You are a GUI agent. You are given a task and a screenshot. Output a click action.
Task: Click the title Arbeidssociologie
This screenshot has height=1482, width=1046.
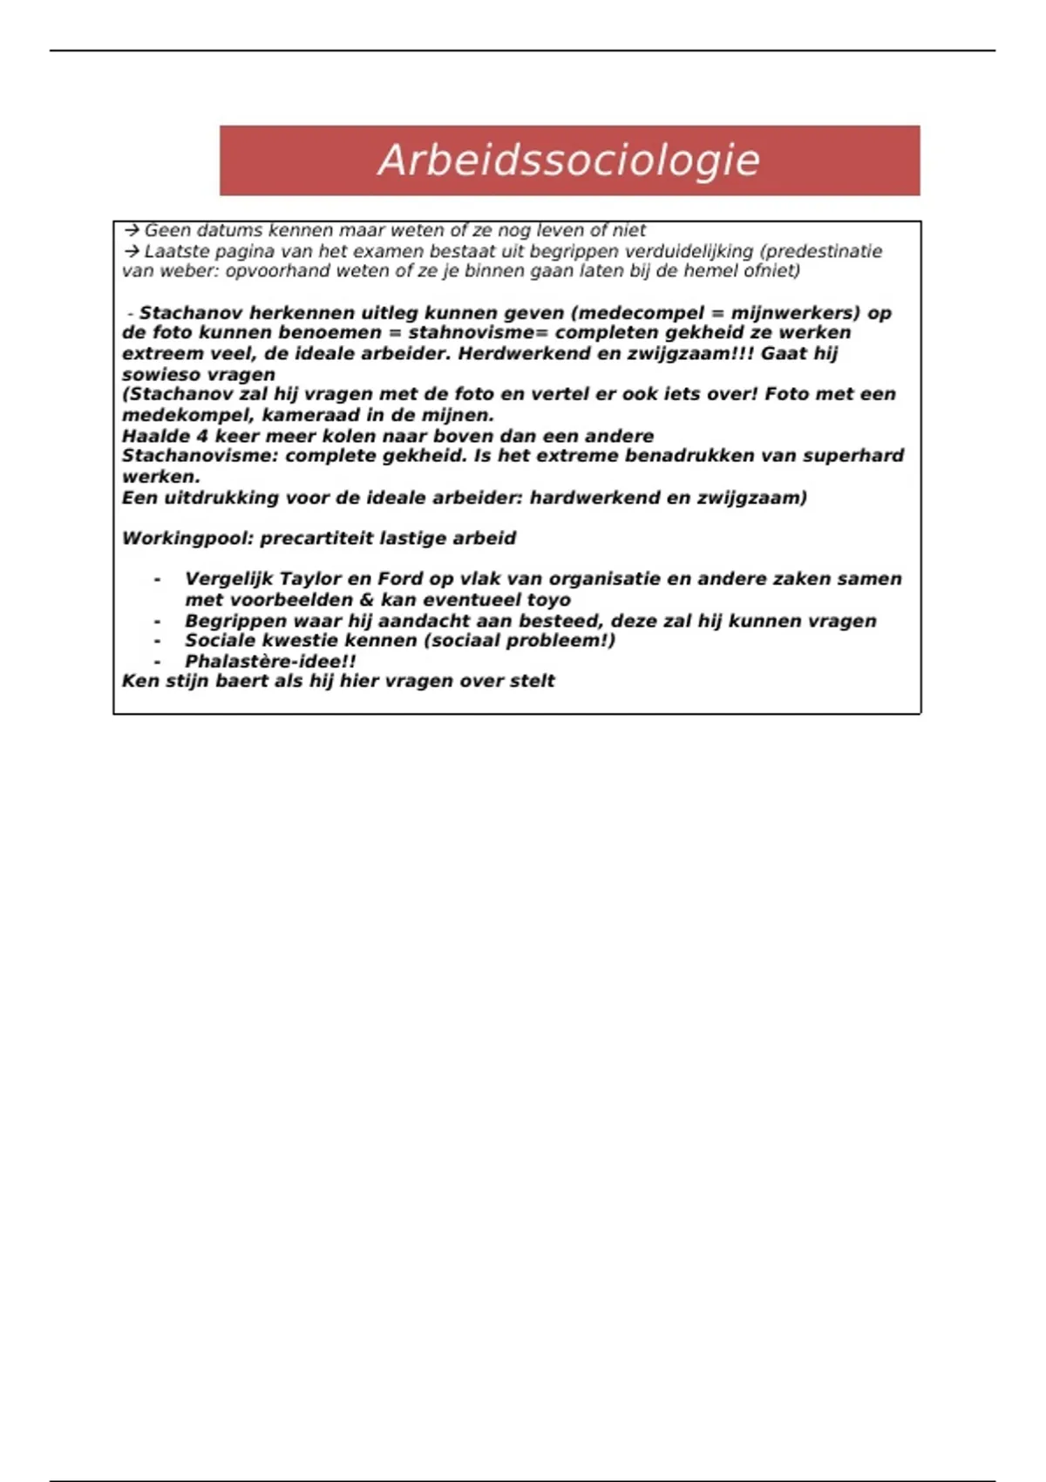568,160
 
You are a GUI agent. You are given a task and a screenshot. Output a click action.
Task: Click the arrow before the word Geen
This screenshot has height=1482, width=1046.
132,231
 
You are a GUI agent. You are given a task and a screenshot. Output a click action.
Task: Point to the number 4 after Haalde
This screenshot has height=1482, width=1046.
202,437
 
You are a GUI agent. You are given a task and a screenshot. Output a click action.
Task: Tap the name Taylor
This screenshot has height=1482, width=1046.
309,580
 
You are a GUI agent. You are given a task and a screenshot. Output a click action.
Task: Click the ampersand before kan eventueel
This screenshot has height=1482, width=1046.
365,601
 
